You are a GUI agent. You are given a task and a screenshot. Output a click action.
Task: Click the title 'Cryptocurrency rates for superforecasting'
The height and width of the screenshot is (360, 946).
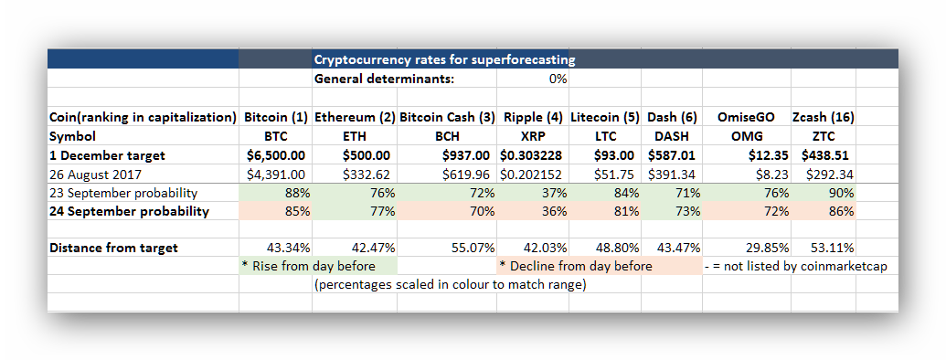[x=444, y=59]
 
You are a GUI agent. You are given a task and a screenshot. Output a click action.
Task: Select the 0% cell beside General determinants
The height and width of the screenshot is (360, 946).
[x=558, y=79]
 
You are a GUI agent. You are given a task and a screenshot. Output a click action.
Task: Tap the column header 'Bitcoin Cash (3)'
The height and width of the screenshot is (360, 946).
[x=447, y=117]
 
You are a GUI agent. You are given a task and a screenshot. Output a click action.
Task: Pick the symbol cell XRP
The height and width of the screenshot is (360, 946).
[x=533, y=136]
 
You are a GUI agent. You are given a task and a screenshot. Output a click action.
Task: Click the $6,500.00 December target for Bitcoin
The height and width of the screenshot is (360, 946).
[x=276, y=155]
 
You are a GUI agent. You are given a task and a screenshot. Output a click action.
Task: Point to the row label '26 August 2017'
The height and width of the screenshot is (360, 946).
[x=95, y=175]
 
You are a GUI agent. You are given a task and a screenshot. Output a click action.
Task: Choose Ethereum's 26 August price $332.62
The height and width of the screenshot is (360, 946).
[x=366, y=175]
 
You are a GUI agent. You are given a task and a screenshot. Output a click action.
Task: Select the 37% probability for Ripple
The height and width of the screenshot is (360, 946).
[x=555, y=193]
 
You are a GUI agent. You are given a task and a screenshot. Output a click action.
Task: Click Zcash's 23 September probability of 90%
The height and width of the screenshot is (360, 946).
[x=841, y=193]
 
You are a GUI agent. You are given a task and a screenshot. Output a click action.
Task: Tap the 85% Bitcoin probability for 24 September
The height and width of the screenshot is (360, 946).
[x=297, y=212]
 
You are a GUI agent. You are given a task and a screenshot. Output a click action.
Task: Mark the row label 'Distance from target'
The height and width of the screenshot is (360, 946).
[x=113, y=248]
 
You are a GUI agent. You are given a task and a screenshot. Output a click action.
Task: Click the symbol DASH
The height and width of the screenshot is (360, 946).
[x=672, y=136]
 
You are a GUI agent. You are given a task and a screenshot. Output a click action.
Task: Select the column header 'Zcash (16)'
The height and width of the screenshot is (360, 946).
[x=823, y=117]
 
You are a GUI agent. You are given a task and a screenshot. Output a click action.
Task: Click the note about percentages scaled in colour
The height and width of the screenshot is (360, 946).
[x=450, y=285]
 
